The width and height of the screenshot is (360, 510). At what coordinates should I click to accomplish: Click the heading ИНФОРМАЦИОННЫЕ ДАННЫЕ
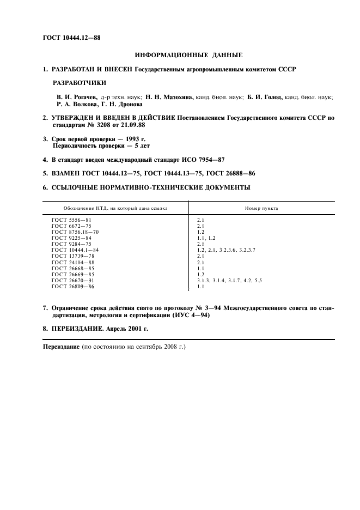point(188,55)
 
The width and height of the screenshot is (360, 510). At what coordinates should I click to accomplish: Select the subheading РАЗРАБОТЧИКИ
point(79,83)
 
